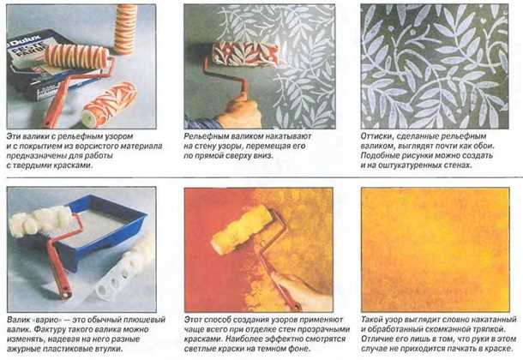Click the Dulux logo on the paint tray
24,39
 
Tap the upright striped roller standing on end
125,29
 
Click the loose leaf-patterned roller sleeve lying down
110,105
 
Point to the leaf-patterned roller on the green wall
245,55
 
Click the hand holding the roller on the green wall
239,113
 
